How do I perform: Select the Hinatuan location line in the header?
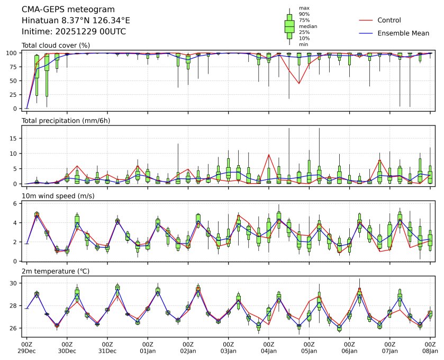coord(76,21)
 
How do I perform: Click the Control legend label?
coord(389,20)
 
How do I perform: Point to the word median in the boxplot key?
coord(308,26)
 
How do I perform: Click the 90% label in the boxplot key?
coord(304,14)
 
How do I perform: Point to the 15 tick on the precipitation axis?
coord(16,138)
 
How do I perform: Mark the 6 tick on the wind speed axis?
coord(17,203)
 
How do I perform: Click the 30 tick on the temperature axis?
coord(16,284)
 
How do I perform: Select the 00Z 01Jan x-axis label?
coord(148,347)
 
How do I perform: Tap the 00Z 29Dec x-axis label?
coord(26,347)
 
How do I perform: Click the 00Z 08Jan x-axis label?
coord(430,347)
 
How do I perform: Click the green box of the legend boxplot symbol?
coord(289,25)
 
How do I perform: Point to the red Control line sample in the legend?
coord(366,20)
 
